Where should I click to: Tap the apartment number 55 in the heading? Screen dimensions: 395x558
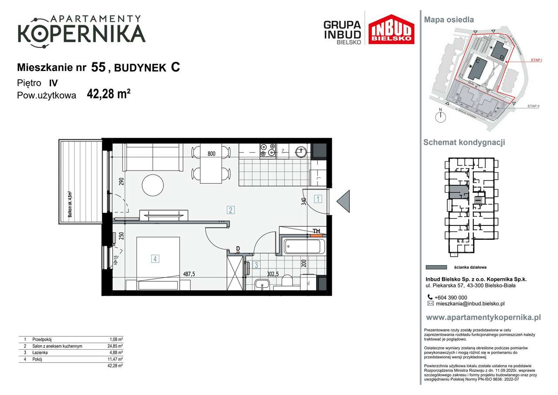coord(99,67)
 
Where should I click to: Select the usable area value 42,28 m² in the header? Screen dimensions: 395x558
coord(109,95)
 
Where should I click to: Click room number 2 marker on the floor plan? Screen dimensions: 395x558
coord(231,210)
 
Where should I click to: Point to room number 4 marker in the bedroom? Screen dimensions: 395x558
coord(155,259)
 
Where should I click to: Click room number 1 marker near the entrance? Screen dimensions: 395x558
coord(318,199)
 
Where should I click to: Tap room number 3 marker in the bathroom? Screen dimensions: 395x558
coord(257,265)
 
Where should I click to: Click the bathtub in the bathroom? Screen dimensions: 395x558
coord(304,247)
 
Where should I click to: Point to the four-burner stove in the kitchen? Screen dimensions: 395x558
coord(268,150)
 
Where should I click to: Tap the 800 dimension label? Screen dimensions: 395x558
coord(211,153)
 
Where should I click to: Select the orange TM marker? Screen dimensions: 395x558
coord(317,232)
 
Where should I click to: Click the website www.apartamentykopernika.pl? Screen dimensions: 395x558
coord(483,317)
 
